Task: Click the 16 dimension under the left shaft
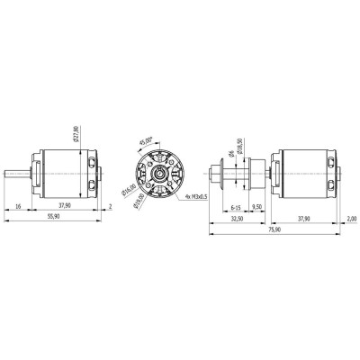pos(19,206)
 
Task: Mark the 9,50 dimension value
pos(256,206)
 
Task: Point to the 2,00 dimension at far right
pos(351,218)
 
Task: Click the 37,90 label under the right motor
pos(305,218)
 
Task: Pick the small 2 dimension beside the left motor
pos(109,206)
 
